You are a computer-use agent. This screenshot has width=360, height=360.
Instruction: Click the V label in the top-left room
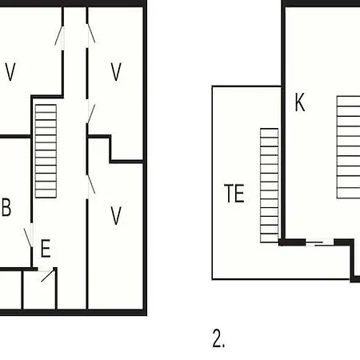click(x=10, y=71)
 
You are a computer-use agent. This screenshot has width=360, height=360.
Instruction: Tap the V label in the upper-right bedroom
click(x=116, y=71)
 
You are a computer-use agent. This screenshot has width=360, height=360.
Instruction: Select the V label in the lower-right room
click(x=116, y=215)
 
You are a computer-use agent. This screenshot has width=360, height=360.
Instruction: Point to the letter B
click(x=6, y=207)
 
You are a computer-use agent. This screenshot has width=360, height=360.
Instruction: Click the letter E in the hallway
click(x=46, y=248)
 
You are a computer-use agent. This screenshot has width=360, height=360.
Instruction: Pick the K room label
click(x=300, y=102)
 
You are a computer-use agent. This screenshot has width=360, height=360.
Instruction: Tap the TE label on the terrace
click(x=234, y=194)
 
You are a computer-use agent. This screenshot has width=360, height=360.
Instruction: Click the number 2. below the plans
click(x=218, y=338)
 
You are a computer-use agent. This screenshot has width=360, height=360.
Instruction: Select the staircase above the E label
click(x=46, y=151)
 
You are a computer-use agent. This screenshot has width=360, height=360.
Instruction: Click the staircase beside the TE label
click(x=270, y=186)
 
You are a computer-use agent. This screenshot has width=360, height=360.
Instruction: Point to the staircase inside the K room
click(x=348, y=147)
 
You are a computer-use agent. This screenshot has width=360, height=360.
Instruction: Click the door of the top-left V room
click(x=60, y=35)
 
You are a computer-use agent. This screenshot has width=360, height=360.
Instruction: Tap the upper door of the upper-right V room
click(x=90, y=34)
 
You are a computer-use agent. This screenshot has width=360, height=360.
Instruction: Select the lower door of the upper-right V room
click(x=91, y=114)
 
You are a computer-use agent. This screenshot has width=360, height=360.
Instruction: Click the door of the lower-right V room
click(x=91, y=184)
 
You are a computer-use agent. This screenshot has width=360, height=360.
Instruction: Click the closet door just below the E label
click(x=48, y=275)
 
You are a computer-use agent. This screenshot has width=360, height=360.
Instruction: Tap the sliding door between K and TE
click(x=319, y=242)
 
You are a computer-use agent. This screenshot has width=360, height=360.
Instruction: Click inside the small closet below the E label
click(x=39, y=290)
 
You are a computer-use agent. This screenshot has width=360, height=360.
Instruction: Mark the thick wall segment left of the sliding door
click(x=292, y=242)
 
